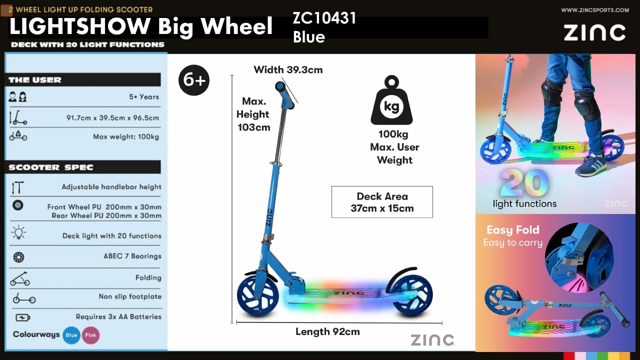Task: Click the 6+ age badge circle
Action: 194,80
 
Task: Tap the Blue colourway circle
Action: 71,335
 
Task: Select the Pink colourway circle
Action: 91,335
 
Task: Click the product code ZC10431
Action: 324,18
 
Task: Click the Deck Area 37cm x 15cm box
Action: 382,202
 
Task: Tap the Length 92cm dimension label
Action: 327,331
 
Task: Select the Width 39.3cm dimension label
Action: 288,69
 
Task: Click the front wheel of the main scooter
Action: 258,295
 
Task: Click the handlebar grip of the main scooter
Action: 284,95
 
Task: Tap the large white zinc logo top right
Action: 594,32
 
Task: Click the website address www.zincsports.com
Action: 595,10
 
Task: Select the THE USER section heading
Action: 35,79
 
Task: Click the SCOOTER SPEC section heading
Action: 51,167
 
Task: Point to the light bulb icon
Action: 18,232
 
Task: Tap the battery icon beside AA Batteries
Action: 23,317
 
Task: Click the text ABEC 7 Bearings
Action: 132,256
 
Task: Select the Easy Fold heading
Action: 513,229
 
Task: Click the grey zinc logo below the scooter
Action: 432,340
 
